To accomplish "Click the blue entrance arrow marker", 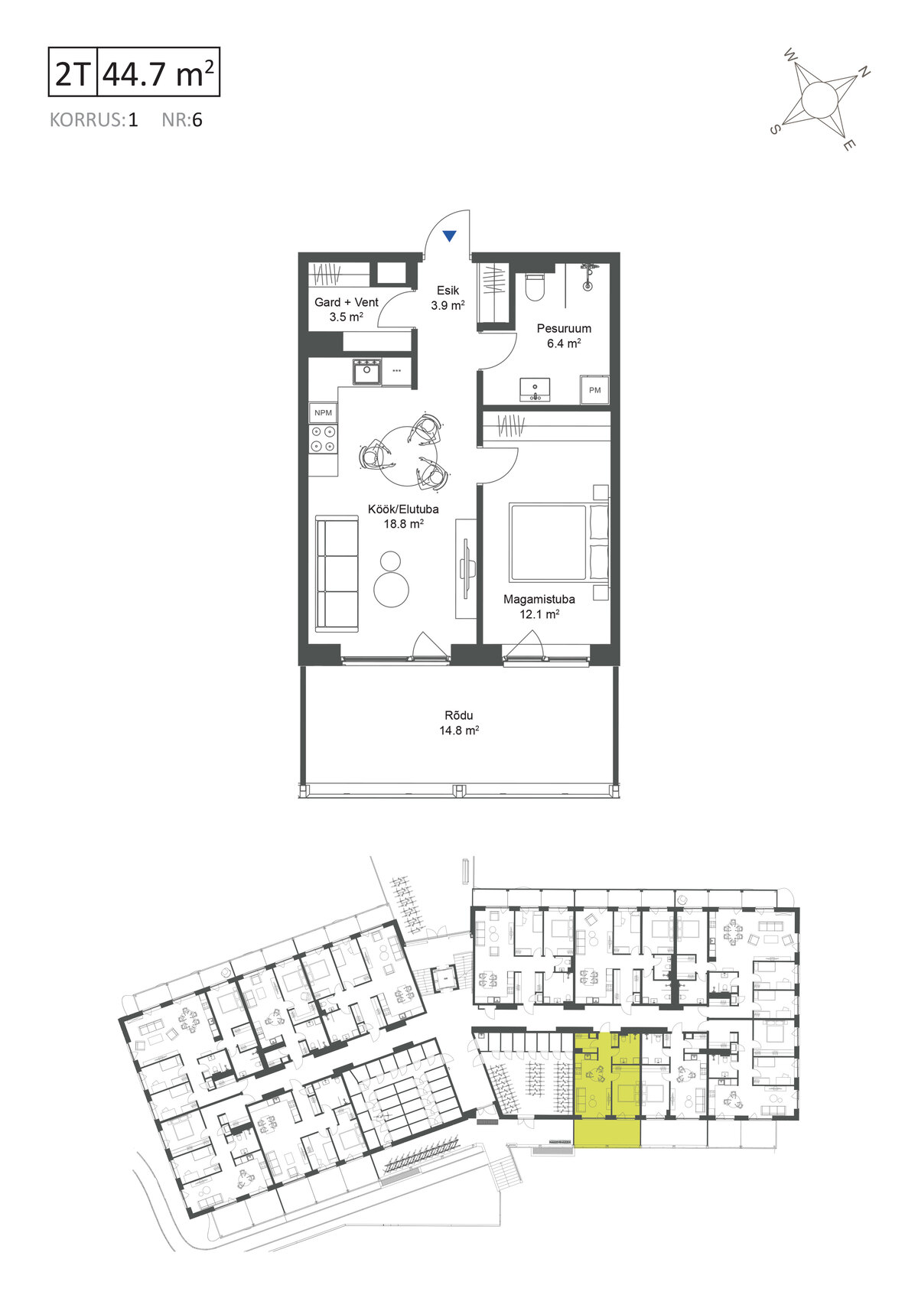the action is [449, 236].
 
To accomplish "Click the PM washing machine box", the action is [594, 390].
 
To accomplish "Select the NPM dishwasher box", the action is [323, 412].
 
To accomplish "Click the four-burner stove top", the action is [323, 438].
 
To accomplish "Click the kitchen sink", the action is [367, 372].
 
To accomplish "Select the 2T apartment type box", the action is [73, 72].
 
